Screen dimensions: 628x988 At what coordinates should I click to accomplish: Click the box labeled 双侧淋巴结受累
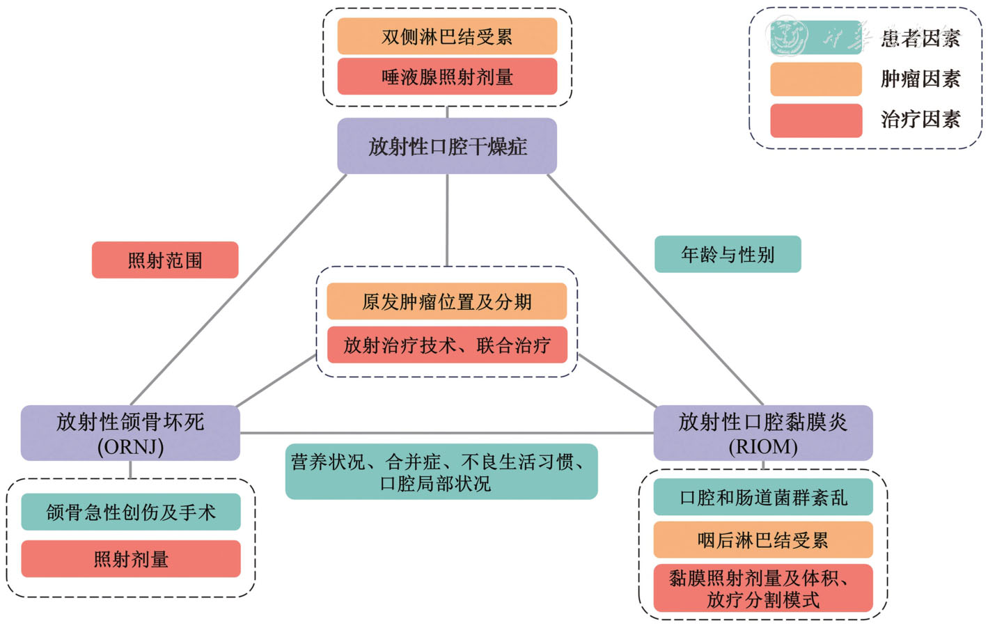[x=447, y=36]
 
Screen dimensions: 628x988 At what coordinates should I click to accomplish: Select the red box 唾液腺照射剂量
[x=447, y=77]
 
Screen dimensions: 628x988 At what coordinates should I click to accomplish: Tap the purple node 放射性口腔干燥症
[x=447, y=146]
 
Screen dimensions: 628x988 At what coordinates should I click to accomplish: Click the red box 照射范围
[x=165, y=260]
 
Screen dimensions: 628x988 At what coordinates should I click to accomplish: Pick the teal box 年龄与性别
[x=728, y=254]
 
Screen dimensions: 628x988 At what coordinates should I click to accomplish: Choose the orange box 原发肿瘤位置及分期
[x=447, y=301]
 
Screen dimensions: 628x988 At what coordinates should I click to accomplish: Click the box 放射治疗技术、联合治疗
[x=447, y=345]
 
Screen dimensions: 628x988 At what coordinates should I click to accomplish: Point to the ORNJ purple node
[x=130, y=433]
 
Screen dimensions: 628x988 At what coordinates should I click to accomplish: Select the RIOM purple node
[x=762, y=433]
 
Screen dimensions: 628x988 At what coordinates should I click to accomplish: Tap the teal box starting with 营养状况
[x=441, y=472]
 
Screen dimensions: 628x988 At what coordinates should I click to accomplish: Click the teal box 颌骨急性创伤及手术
[x=131, y=512]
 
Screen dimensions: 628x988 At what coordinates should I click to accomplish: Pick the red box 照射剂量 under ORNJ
[x=131, y=559]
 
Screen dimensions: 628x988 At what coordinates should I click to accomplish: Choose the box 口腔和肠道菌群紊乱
[x=762, y=497]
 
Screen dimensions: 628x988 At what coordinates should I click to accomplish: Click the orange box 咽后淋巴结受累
[x=762, y=540]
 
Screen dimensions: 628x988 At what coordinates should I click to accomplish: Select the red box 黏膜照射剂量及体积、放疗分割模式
[x=762, y=588]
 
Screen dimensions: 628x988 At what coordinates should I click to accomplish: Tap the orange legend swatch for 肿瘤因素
[x=815, y=79]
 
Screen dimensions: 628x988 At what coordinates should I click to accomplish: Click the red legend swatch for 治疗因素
[x=815, y=120]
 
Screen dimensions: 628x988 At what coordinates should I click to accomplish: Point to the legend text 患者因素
[x=920, y=38]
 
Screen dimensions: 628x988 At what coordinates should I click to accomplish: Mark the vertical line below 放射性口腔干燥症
[x=447, y=219]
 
